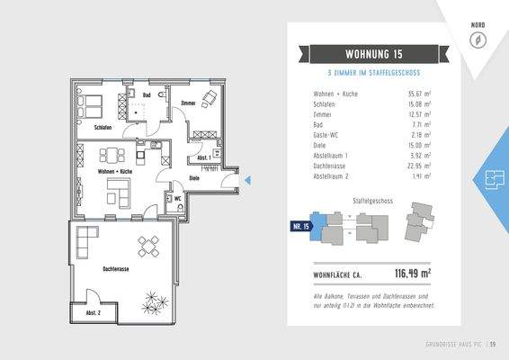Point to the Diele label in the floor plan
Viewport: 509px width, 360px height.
[193, 178]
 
